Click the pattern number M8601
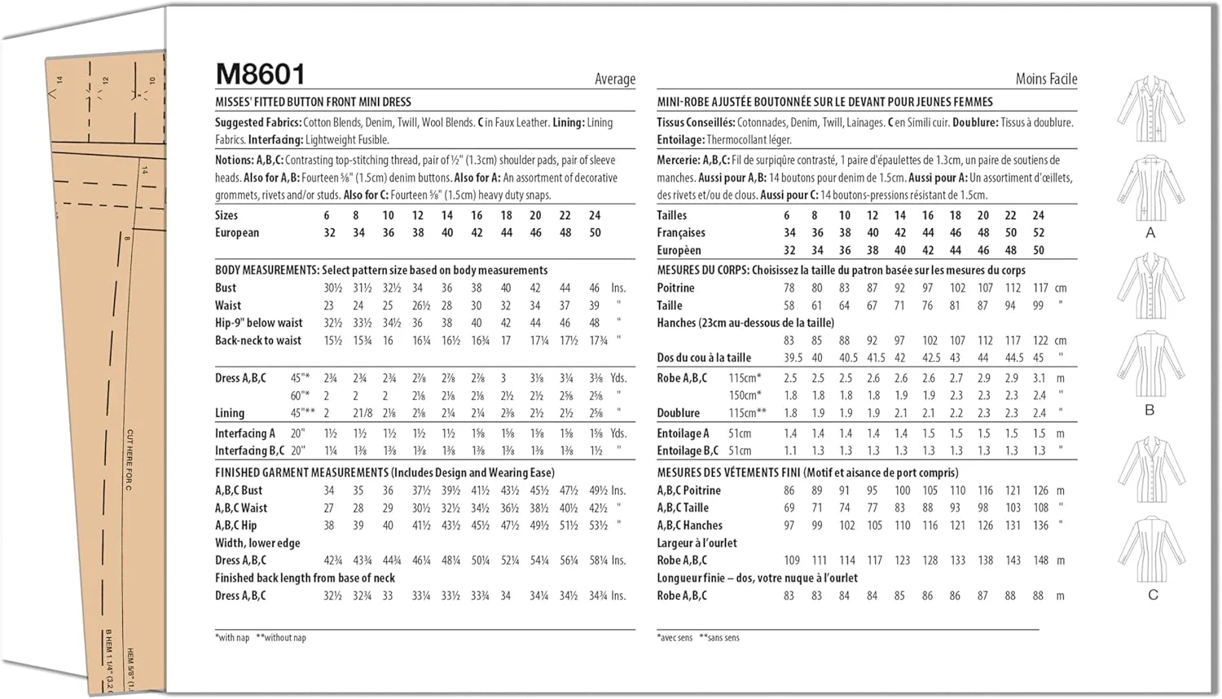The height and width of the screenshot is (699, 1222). (260, 74)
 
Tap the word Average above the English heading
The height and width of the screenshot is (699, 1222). (614, 79)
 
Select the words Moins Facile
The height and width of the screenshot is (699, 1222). (1046, 79)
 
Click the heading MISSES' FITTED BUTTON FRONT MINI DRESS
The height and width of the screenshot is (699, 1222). (313, 102)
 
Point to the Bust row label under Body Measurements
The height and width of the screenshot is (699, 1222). (226, 288)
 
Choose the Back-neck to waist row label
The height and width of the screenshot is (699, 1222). (257, 341)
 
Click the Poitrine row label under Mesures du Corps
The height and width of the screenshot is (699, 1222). (675, 288)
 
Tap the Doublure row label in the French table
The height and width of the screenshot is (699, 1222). (678, 413)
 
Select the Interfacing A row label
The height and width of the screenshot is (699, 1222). (244, 433)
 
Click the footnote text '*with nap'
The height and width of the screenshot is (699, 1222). (232, 638)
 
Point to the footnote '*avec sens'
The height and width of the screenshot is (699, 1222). (675, 638)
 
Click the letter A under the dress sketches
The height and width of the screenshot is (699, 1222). (1150, 233)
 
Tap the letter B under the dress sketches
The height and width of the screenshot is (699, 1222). (1149, 410)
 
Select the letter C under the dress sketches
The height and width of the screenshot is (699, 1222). (1153, 595)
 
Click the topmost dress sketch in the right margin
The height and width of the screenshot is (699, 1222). (1150, 110)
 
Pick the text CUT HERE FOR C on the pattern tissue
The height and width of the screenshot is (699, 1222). (130, 460)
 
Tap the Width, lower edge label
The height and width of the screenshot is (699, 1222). (257, 543)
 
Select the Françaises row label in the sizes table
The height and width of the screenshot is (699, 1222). (681, 233)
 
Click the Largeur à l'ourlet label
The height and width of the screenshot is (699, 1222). (697, 543)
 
